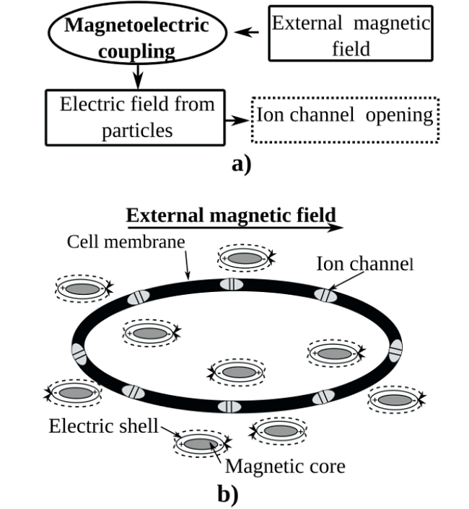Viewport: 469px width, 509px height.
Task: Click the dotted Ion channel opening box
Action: (344, 116)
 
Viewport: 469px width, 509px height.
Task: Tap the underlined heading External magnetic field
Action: (231, 215)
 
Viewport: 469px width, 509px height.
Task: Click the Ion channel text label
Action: (363, 265)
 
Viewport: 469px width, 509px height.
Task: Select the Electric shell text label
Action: (103, 425)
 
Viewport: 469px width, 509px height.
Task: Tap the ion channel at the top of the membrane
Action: (232, 283)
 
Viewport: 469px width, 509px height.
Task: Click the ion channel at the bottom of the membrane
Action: (229, 406)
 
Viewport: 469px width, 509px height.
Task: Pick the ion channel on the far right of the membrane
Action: (395, 350)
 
